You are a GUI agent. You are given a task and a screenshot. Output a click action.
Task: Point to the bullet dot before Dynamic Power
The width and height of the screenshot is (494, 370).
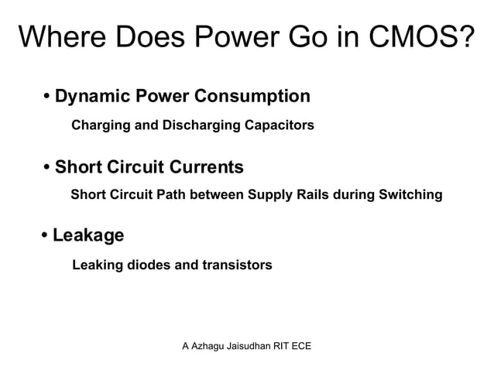47,98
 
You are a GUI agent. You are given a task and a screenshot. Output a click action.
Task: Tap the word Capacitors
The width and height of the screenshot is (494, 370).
280,125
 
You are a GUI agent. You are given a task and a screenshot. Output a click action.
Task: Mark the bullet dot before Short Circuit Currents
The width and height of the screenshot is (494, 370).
47,167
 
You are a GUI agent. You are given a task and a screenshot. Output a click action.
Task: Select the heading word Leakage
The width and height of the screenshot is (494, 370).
88,235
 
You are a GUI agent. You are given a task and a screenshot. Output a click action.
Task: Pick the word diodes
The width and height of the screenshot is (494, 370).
149,266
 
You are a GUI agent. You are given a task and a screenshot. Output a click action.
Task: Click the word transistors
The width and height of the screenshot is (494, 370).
237,266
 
